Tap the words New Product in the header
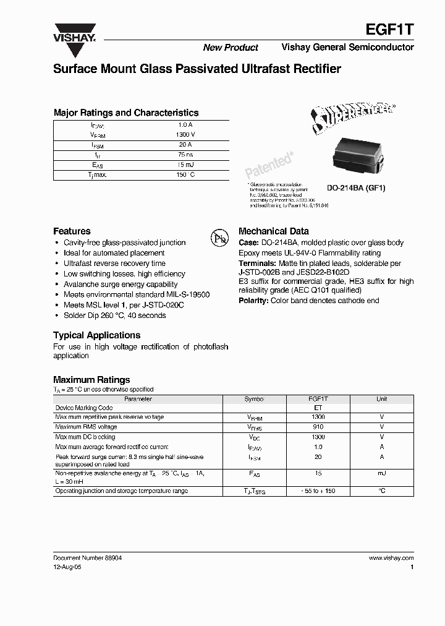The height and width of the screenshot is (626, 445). [231, 48]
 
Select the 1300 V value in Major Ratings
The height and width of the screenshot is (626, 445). [185, 134]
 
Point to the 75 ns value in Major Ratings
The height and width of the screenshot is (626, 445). [185, 155]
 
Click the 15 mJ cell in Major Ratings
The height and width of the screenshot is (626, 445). [185, 165]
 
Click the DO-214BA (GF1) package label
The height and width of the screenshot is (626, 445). [355, 188]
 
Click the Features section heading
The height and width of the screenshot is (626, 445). [72, 231]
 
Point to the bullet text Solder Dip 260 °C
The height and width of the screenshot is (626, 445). [114, 315]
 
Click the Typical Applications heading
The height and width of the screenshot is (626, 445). [96, 335]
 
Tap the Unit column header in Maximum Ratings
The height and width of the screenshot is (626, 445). [381, 399]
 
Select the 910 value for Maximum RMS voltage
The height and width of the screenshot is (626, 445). [318, 427]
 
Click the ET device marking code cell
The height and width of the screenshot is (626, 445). [318, 408]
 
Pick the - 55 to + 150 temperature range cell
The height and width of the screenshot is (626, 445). [318, 491]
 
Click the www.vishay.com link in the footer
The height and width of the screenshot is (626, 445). [391, 557]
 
